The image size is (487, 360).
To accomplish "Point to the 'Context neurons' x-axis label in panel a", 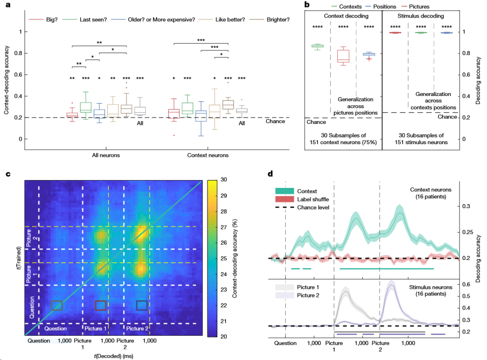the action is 208,155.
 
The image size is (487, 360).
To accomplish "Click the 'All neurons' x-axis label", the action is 106,155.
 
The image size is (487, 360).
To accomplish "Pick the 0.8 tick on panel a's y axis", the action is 18,53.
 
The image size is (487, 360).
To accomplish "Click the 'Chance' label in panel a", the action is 275,121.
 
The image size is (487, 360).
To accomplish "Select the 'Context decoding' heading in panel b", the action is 346,16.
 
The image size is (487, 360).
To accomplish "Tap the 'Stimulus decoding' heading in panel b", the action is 421,16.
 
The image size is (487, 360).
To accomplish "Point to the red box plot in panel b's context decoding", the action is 343,56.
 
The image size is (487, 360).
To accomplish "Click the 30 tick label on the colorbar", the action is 224,179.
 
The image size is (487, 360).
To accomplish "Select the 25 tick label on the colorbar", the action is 224,258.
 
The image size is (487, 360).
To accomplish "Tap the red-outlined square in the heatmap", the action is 101,305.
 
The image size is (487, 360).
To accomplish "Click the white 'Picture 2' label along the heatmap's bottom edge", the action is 137,328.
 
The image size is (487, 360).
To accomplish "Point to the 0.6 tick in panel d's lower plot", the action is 466,284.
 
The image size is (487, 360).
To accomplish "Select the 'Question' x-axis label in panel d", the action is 285,343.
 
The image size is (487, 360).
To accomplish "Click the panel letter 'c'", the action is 8,174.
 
